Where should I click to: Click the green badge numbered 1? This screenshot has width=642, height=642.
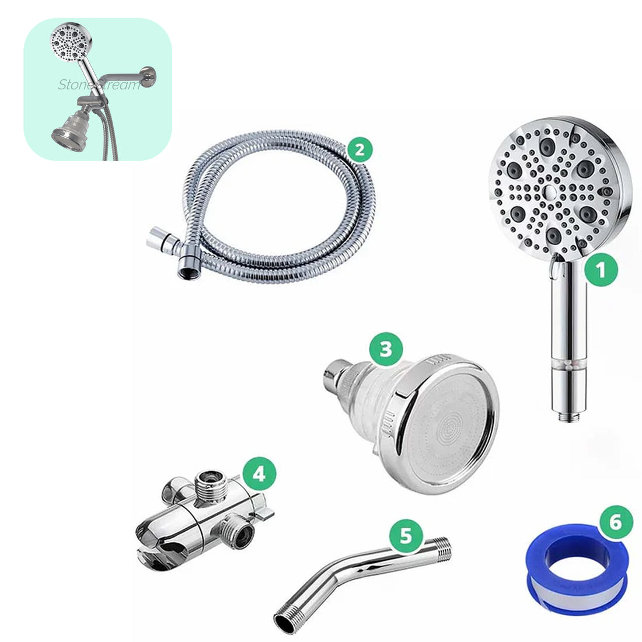point(602,270)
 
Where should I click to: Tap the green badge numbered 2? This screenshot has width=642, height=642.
point(360,151)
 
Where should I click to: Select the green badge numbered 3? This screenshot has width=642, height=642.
point(385,349)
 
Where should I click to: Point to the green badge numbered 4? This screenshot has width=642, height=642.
point(258,473)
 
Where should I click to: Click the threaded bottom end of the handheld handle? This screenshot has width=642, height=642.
point(565,416)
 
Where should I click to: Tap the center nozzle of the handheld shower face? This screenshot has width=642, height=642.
point(548,191)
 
